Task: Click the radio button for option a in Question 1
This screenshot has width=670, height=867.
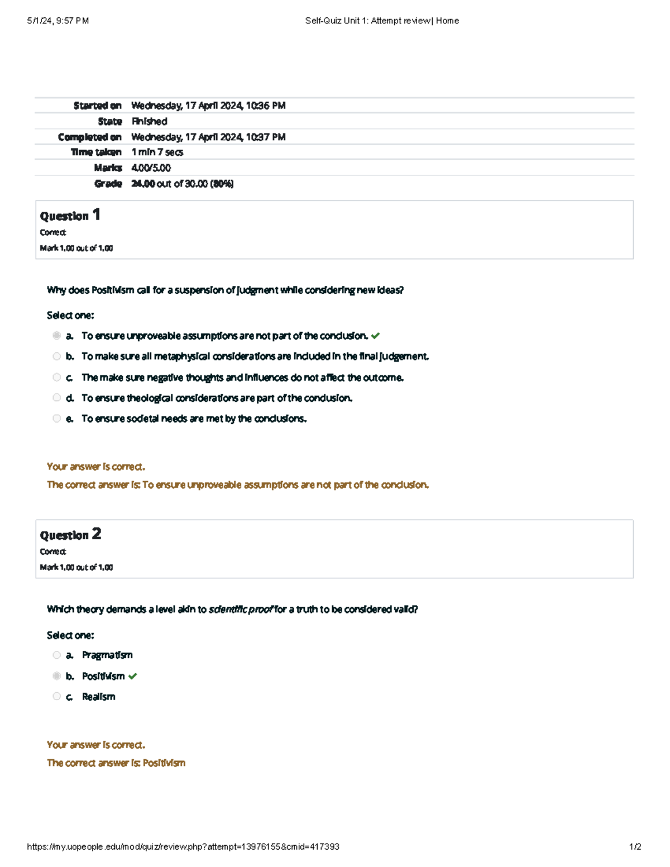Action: [x=56, y=336]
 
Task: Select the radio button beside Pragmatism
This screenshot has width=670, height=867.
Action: [x=56, y=655]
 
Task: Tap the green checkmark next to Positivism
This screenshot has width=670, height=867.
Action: [x=132, y=676]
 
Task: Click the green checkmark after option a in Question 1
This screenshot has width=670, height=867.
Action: [x=375, y=336]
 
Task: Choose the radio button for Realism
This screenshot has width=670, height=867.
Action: [x=56, y=696]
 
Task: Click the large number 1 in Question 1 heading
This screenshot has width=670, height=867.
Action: [x=97, y=214]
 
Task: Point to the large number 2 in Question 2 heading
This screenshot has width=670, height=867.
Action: [x=97, y=534]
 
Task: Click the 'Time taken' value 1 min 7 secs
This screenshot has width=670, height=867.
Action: [x=157, y=152]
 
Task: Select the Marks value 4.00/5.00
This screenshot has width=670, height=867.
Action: [x=151, y=167]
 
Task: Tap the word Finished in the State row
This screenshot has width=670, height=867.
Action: [x=149, y=121]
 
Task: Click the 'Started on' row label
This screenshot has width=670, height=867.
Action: [x=97, y=106]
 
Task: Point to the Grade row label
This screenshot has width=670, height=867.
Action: [x=108, y=183]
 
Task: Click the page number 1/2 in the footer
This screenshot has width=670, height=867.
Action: [x=635, y=846]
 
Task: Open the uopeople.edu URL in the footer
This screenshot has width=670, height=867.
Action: [x=183, y=846]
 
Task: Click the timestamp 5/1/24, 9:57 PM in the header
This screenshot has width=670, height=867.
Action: [x=58, y=21]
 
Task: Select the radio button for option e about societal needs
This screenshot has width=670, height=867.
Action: [x=56, y=418]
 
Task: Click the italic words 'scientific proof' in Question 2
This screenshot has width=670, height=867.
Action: [x=241, y=609]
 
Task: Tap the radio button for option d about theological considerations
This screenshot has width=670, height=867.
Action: [x=56, y=397]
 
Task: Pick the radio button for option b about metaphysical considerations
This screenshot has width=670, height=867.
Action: [x=56, y=356]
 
